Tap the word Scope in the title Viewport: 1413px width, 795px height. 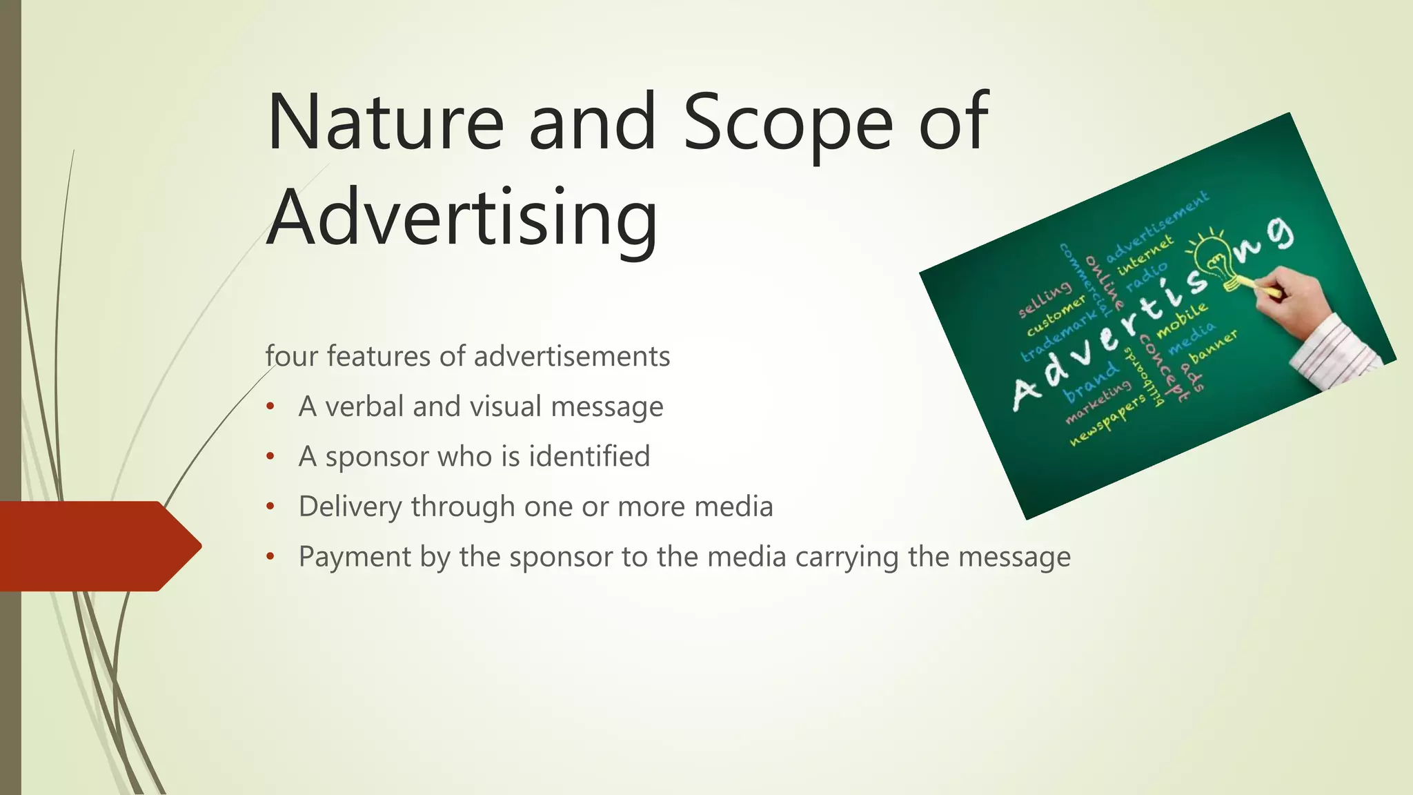point(787,123)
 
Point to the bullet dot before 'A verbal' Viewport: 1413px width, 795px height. point(270,407)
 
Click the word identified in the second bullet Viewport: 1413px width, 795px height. point(589,457)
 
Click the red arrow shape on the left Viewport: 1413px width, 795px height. point(97,546)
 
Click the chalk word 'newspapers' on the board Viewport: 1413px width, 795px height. point(1107,421)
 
